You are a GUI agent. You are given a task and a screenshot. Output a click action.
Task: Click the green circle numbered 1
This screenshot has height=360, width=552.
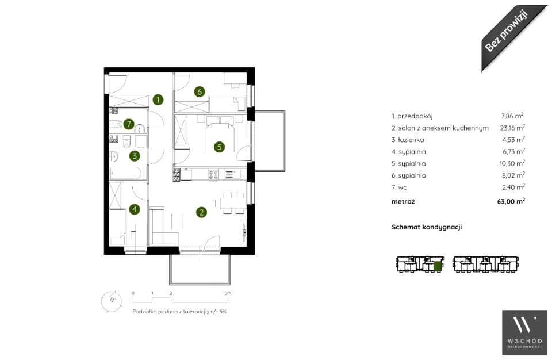pos(158,100)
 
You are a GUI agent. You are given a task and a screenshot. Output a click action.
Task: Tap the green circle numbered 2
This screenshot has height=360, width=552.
pos(201,212)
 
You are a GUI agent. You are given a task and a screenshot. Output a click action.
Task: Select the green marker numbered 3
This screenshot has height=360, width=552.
pos(135,156)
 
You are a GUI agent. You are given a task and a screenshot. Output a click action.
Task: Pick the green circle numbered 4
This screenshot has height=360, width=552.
pos(135,209)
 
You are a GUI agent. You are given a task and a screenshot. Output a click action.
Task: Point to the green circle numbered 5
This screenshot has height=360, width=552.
pos(219,147)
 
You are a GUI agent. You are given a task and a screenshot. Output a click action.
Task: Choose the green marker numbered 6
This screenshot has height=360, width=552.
pos(200,92)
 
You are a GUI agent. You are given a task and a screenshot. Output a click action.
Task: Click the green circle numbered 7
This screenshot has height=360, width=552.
pos(129,124)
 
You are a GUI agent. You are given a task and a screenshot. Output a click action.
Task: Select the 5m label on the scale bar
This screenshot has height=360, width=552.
pos(228,293)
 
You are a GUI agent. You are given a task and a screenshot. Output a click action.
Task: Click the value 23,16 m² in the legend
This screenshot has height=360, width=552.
pos(512,128)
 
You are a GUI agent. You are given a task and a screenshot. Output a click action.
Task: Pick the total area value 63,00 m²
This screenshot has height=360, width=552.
pos(511,201)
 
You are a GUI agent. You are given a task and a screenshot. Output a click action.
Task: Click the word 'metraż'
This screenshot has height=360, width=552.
pos(403,201)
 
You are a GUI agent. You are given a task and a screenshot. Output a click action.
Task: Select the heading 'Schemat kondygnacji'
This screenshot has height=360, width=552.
pos(427,227)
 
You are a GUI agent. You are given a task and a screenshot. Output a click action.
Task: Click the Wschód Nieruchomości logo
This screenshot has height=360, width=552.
pos(524,332)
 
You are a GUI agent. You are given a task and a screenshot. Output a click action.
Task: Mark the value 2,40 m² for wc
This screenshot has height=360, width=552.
pos(513,187)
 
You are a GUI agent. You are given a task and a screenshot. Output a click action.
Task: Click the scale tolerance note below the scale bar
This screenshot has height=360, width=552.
pos(179,312)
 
